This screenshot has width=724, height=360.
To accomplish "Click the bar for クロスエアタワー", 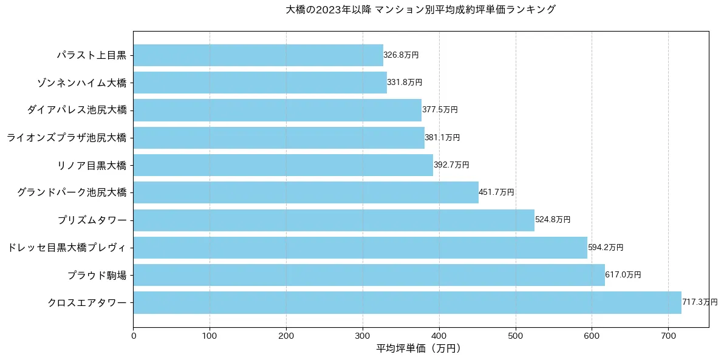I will click(x=407, y=302).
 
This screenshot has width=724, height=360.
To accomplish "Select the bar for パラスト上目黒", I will click(x=258, y=55).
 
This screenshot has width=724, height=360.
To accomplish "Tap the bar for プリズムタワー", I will click(x=333, y=220).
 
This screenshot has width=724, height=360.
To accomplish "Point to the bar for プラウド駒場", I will click(x=369, y=275).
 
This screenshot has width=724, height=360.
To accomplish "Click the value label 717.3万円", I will click(x=700, y=302).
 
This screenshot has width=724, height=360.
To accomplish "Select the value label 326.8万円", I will click(x=401, y=55).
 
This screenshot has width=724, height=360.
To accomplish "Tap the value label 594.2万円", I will click(x=606, y=248).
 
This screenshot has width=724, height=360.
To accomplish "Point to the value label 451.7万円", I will click(x=496, y=192).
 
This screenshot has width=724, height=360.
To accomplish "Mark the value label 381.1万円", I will click(x=442, y=138).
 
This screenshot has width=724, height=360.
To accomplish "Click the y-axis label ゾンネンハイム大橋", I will click(x=81, y=83).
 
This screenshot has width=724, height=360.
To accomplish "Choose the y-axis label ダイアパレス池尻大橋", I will click(x=77, y=110).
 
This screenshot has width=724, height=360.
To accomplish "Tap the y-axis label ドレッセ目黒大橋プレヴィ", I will click(x=67, y=248).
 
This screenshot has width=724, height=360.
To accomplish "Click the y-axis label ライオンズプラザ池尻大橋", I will click(x=67, y=138).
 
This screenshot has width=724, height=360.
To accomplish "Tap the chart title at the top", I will click(x=420, y=10).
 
